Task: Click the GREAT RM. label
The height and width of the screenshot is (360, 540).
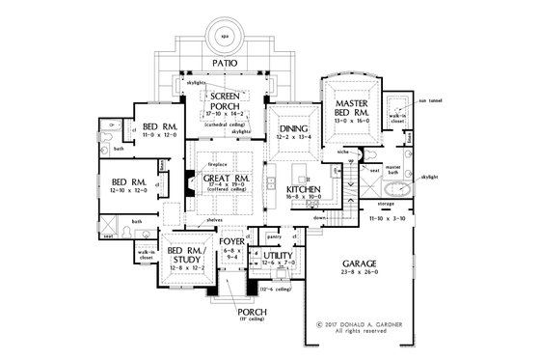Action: click(228, 178)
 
